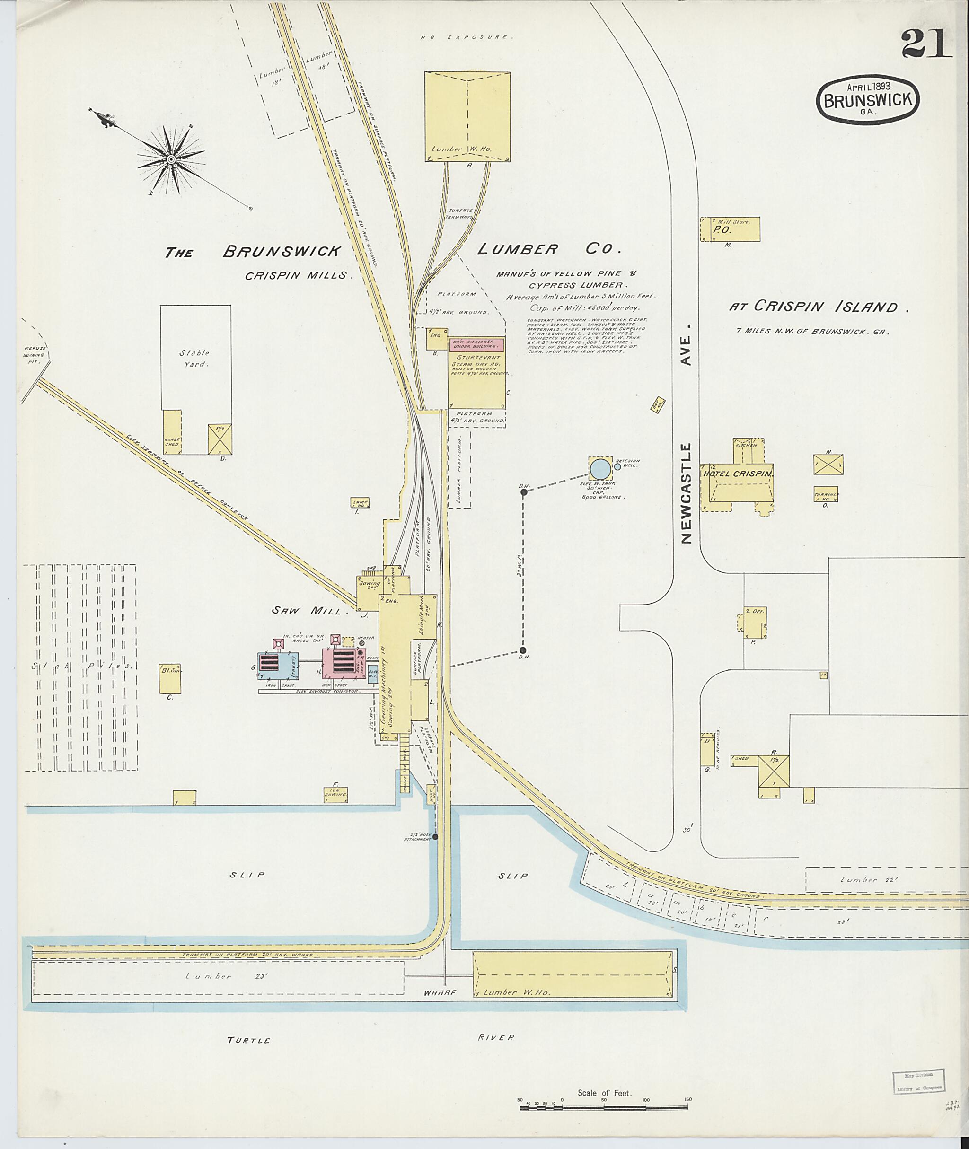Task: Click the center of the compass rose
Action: pos(171,159)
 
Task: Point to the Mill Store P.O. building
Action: pos(730,229)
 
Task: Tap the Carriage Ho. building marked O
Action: pos(825,494)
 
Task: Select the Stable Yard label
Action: pos(194,358)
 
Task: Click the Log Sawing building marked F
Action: pos(335,795)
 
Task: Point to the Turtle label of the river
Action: pos(249,1040)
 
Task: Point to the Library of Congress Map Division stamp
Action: pos(918,1079)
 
